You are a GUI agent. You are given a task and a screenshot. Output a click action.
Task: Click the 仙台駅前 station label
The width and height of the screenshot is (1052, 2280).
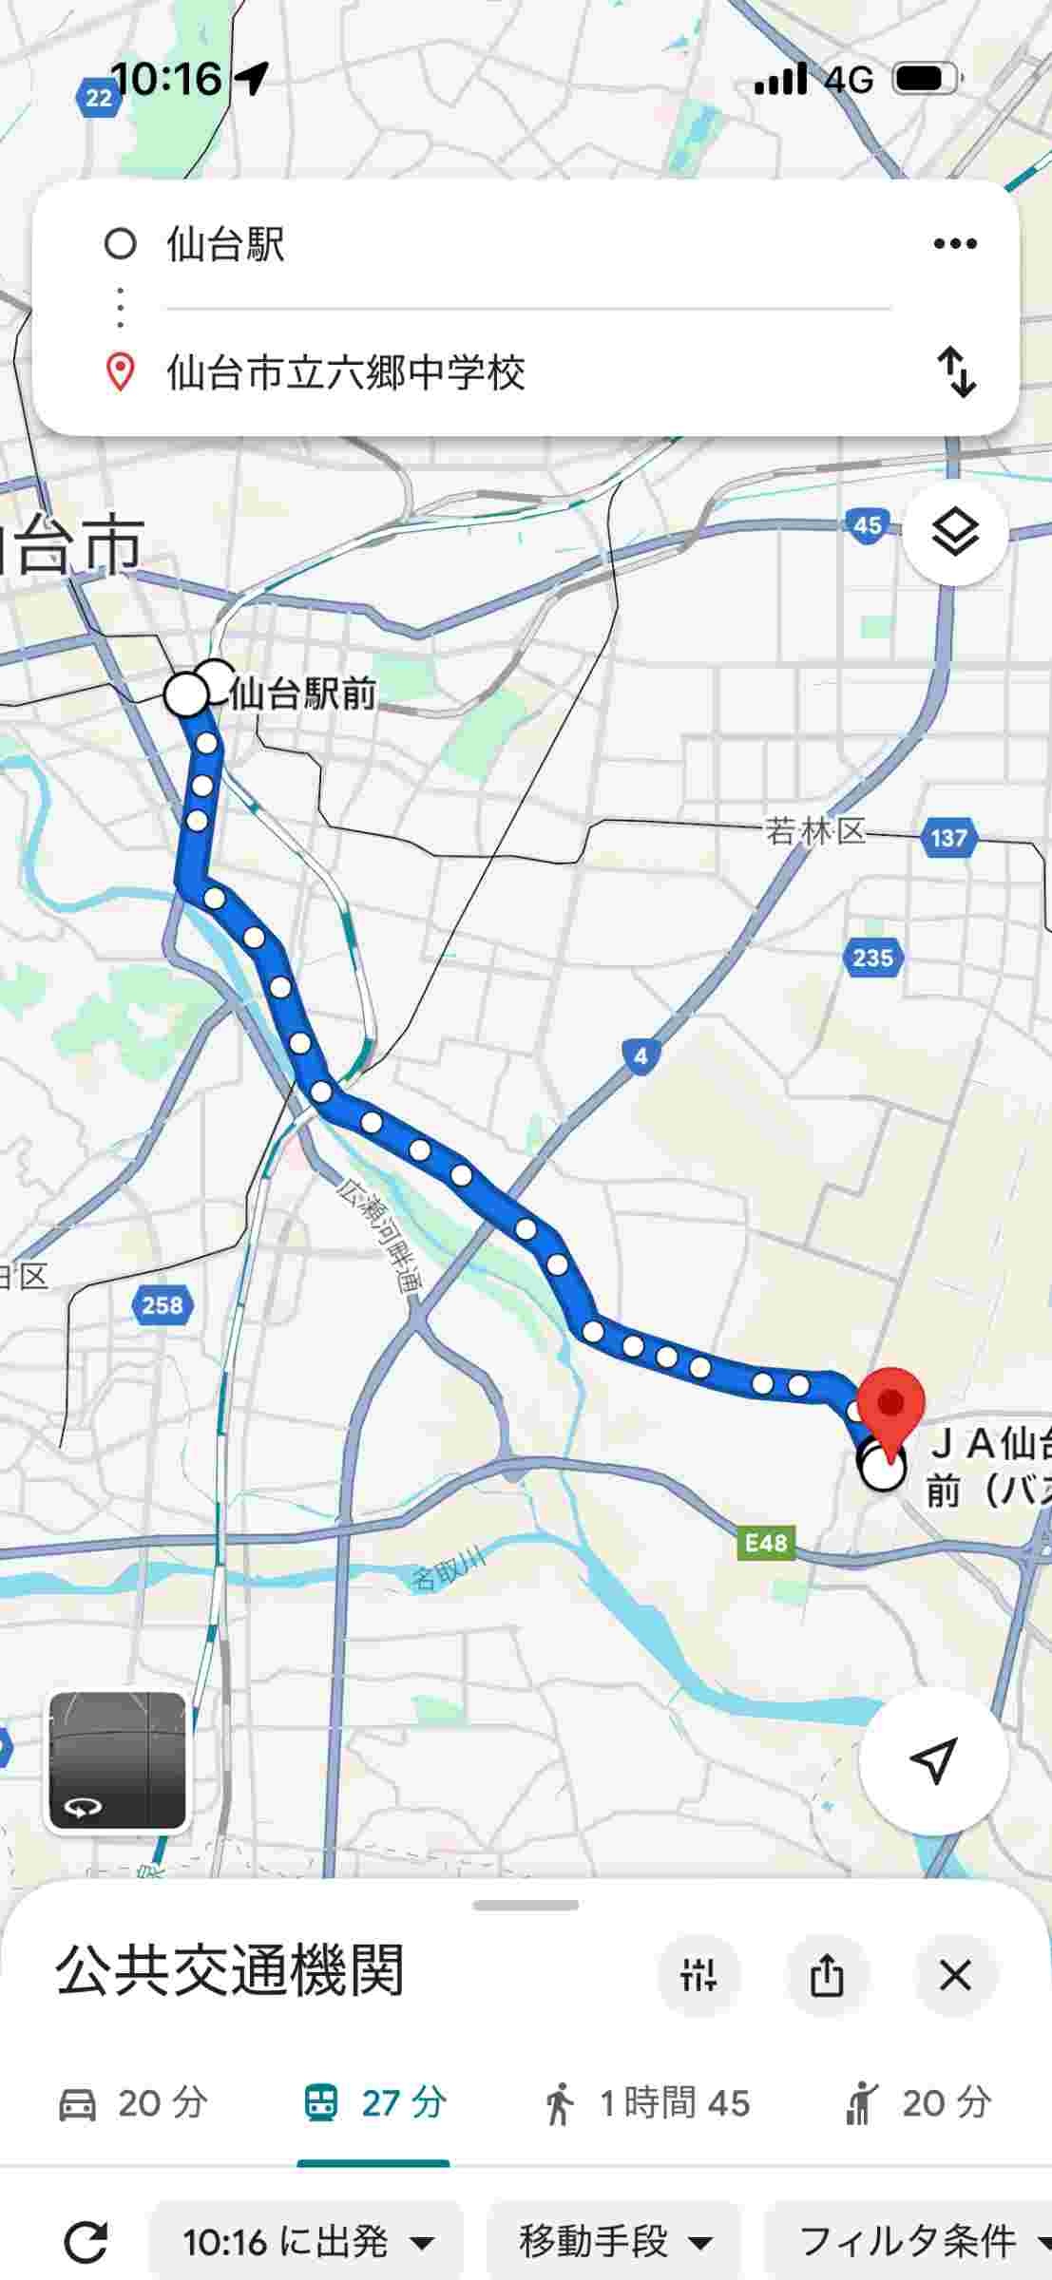[302, 694]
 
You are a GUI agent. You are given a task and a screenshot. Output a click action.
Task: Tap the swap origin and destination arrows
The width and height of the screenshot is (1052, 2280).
[956, 371]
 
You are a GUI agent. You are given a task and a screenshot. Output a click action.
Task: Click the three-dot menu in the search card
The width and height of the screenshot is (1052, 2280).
[954, 244]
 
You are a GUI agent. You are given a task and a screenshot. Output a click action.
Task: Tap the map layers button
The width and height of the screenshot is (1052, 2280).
[954, 533]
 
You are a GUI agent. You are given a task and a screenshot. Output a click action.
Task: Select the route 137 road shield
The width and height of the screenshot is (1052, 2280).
[948, 838]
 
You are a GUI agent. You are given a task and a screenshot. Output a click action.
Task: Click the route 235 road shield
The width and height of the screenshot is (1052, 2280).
[872, 958]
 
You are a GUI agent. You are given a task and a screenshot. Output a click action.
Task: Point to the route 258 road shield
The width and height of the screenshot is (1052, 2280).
[162, 1305]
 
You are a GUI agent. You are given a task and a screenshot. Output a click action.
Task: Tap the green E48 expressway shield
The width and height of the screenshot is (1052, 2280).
[766, 1542]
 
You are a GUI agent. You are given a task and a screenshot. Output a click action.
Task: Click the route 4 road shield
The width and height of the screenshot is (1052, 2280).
[641, 1055]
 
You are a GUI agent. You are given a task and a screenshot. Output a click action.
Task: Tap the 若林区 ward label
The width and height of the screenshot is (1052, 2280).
[815, 832]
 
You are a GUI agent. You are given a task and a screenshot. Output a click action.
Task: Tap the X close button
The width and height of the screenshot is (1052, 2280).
[954, 1976]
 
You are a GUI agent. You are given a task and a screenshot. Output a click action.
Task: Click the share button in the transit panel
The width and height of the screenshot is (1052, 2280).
[826, 1976]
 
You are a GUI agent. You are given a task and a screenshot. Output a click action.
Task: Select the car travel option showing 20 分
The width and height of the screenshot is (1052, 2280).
[133, 2103]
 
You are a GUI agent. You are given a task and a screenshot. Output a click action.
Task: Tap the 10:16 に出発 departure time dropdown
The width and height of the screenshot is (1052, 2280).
[306, 2243]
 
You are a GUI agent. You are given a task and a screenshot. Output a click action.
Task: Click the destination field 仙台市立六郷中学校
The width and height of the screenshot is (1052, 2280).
[346, 372]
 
